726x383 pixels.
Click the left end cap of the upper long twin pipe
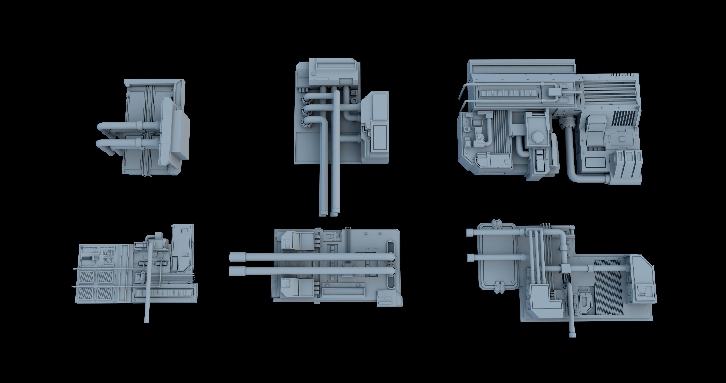(x=233, y=257)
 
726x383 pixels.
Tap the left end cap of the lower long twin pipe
(x=233, y=271)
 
